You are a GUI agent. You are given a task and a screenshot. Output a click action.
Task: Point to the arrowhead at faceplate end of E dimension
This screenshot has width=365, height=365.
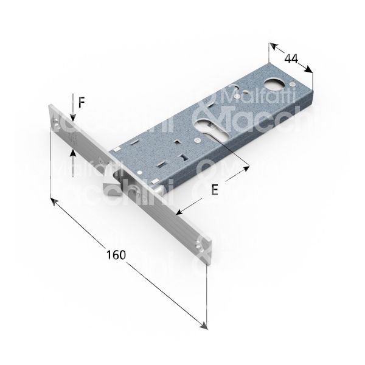coord(178,213)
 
